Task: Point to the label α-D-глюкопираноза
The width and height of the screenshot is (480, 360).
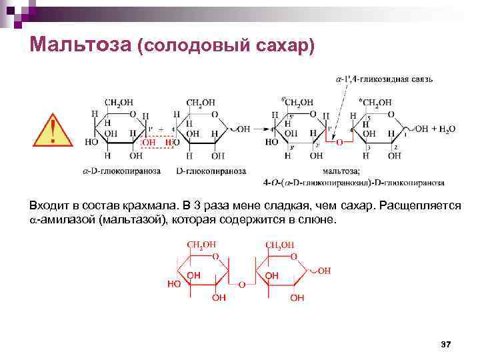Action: click(121, 171)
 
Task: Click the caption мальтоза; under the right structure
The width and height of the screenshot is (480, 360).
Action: click(339, 171)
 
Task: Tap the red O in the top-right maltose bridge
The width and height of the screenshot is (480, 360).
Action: click(339, 142)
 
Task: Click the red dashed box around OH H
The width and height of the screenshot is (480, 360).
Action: click(159, 142)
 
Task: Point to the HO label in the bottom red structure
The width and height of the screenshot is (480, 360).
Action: click(175, 283)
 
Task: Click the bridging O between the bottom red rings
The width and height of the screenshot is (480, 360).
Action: click(242, 285)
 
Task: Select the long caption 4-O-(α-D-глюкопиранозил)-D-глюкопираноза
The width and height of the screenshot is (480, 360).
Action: click(354, 182)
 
